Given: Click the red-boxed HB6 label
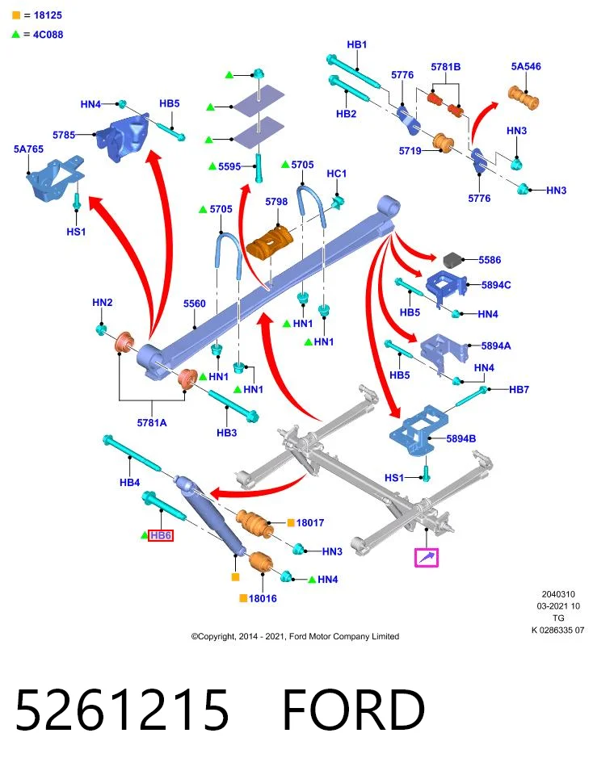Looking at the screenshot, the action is pos(161,535).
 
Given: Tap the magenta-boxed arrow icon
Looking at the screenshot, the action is pos(427,558).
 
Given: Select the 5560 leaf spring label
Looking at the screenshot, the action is pos(195,304).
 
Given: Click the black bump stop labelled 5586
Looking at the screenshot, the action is pos(452,260).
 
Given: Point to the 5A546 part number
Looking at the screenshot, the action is pos(526,66).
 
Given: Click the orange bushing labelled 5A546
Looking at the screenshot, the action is pos(524,98).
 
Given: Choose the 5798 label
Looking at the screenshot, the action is pos(276,201).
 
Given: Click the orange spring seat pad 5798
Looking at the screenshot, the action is pos(270,241).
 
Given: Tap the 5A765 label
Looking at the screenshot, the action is pos(29,149).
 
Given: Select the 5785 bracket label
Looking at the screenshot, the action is pos(64,135).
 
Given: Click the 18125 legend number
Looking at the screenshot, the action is pos(48,15).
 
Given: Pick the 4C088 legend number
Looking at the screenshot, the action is pos(48,35).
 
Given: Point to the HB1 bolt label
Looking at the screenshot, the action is pos(357,44).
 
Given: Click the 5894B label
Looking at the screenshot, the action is pos(461,438).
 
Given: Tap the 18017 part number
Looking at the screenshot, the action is pos(310,522).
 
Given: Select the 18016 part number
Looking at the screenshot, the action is pos(263,598).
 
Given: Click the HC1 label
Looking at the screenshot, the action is pos(337,174).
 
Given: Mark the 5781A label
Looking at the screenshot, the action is pos(152,422).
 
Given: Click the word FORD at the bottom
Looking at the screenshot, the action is pos(354,710).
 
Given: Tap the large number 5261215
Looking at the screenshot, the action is pos(122,710).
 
